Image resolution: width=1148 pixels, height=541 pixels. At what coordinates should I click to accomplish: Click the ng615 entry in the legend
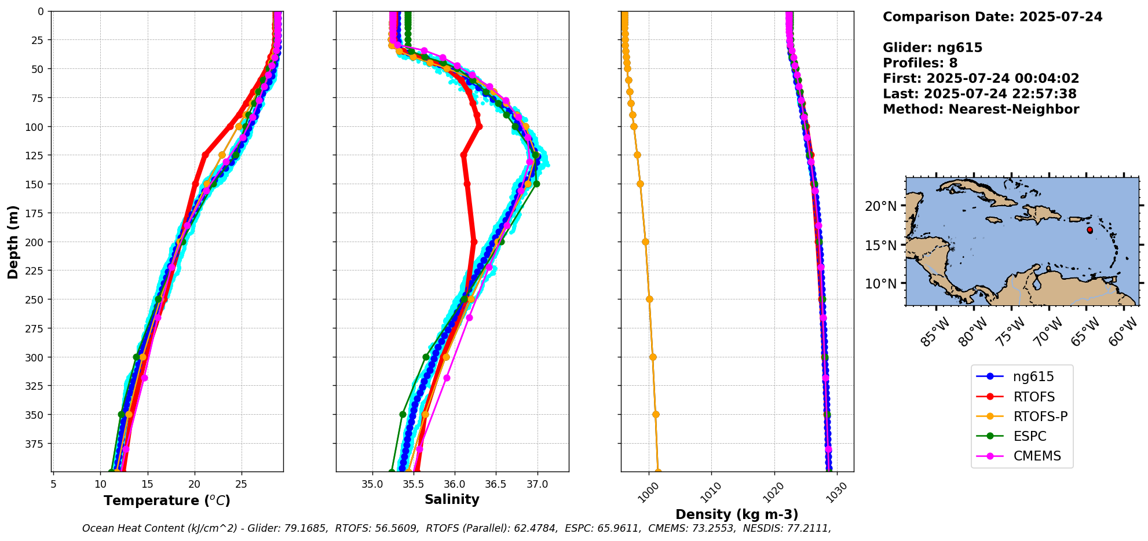[1033, 377]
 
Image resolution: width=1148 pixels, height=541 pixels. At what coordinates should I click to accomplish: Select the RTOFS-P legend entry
[1040, 416]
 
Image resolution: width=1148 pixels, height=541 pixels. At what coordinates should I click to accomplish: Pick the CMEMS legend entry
[1037, 456]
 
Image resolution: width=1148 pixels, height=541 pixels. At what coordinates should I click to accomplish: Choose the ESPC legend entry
[1030, 436]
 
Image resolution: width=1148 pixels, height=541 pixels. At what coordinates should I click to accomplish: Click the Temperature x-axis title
[167, 500]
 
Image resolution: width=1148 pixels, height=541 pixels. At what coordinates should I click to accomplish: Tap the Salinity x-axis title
[452, 499]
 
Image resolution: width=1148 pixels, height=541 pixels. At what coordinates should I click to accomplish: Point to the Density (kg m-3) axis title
[737, 514]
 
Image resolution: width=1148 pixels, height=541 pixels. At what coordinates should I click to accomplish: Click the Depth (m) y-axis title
[13, 242]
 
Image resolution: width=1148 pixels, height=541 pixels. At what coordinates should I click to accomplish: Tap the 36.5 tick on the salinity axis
[496, 484]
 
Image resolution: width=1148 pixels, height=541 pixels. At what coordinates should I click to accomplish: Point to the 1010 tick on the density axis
[710, 491]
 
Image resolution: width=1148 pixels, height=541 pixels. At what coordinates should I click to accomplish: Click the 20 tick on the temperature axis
[195, 484]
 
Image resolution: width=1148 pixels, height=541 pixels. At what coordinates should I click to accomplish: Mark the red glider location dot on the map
[1089, 230]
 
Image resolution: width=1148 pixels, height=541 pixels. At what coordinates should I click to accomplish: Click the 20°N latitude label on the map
[880, 206]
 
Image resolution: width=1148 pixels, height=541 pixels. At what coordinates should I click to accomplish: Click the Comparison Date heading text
[992, 17]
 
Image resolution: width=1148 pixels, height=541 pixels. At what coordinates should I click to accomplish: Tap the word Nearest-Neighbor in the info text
[1014, 109]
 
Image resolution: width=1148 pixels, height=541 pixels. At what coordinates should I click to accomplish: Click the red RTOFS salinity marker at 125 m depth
[463, 155]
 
